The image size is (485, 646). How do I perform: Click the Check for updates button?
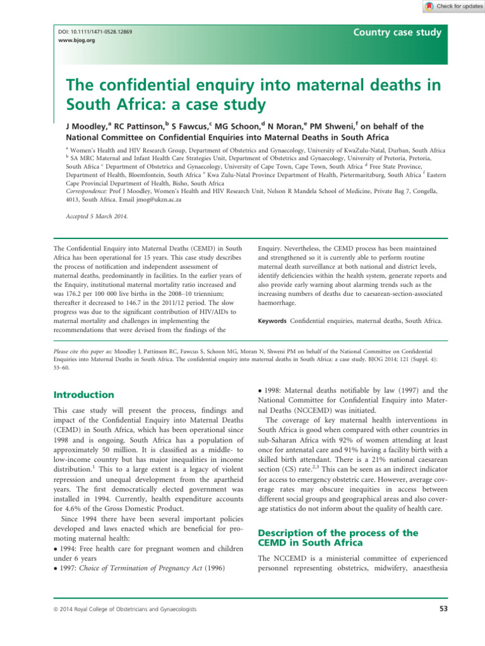coord(451,6)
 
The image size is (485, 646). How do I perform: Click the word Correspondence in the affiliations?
coord(89,189)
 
